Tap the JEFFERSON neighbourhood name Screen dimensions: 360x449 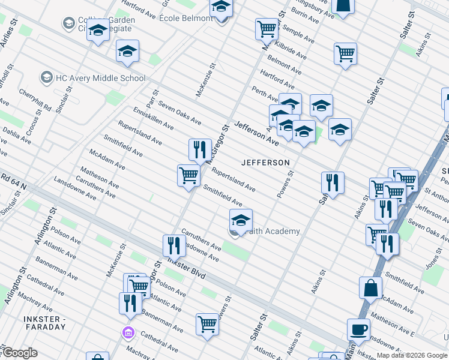click(x=265, y=163)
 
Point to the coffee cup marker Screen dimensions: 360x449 click(x=359, y=329)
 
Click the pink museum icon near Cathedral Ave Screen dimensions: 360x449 click(x=127, y=332)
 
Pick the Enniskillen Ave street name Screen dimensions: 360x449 click(x=154, y=119)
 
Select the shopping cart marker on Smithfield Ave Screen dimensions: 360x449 click(x=188, y=175)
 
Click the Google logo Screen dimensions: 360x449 click(x=20, y=353)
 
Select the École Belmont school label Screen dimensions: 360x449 click(x=186, y=18)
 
